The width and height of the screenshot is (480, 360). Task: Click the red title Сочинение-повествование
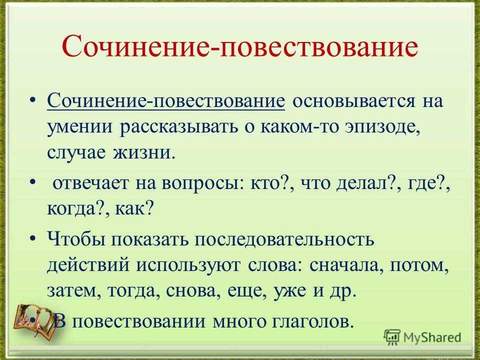coord(239,46)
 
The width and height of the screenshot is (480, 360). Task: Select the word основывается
coord(354,101)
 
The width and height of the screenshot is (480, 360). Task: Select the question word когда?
coord(77,209)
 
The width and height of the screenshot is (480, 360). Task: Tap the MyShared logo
coord(422,337)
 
